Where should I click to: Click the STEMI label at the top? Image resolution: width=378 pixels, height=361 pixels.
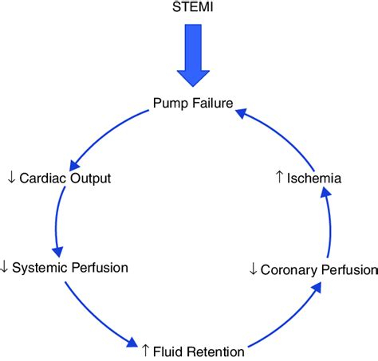[x=189, y=10]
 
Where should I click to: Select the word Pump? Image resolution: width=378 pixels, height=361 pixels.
[x=169, y=104]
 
